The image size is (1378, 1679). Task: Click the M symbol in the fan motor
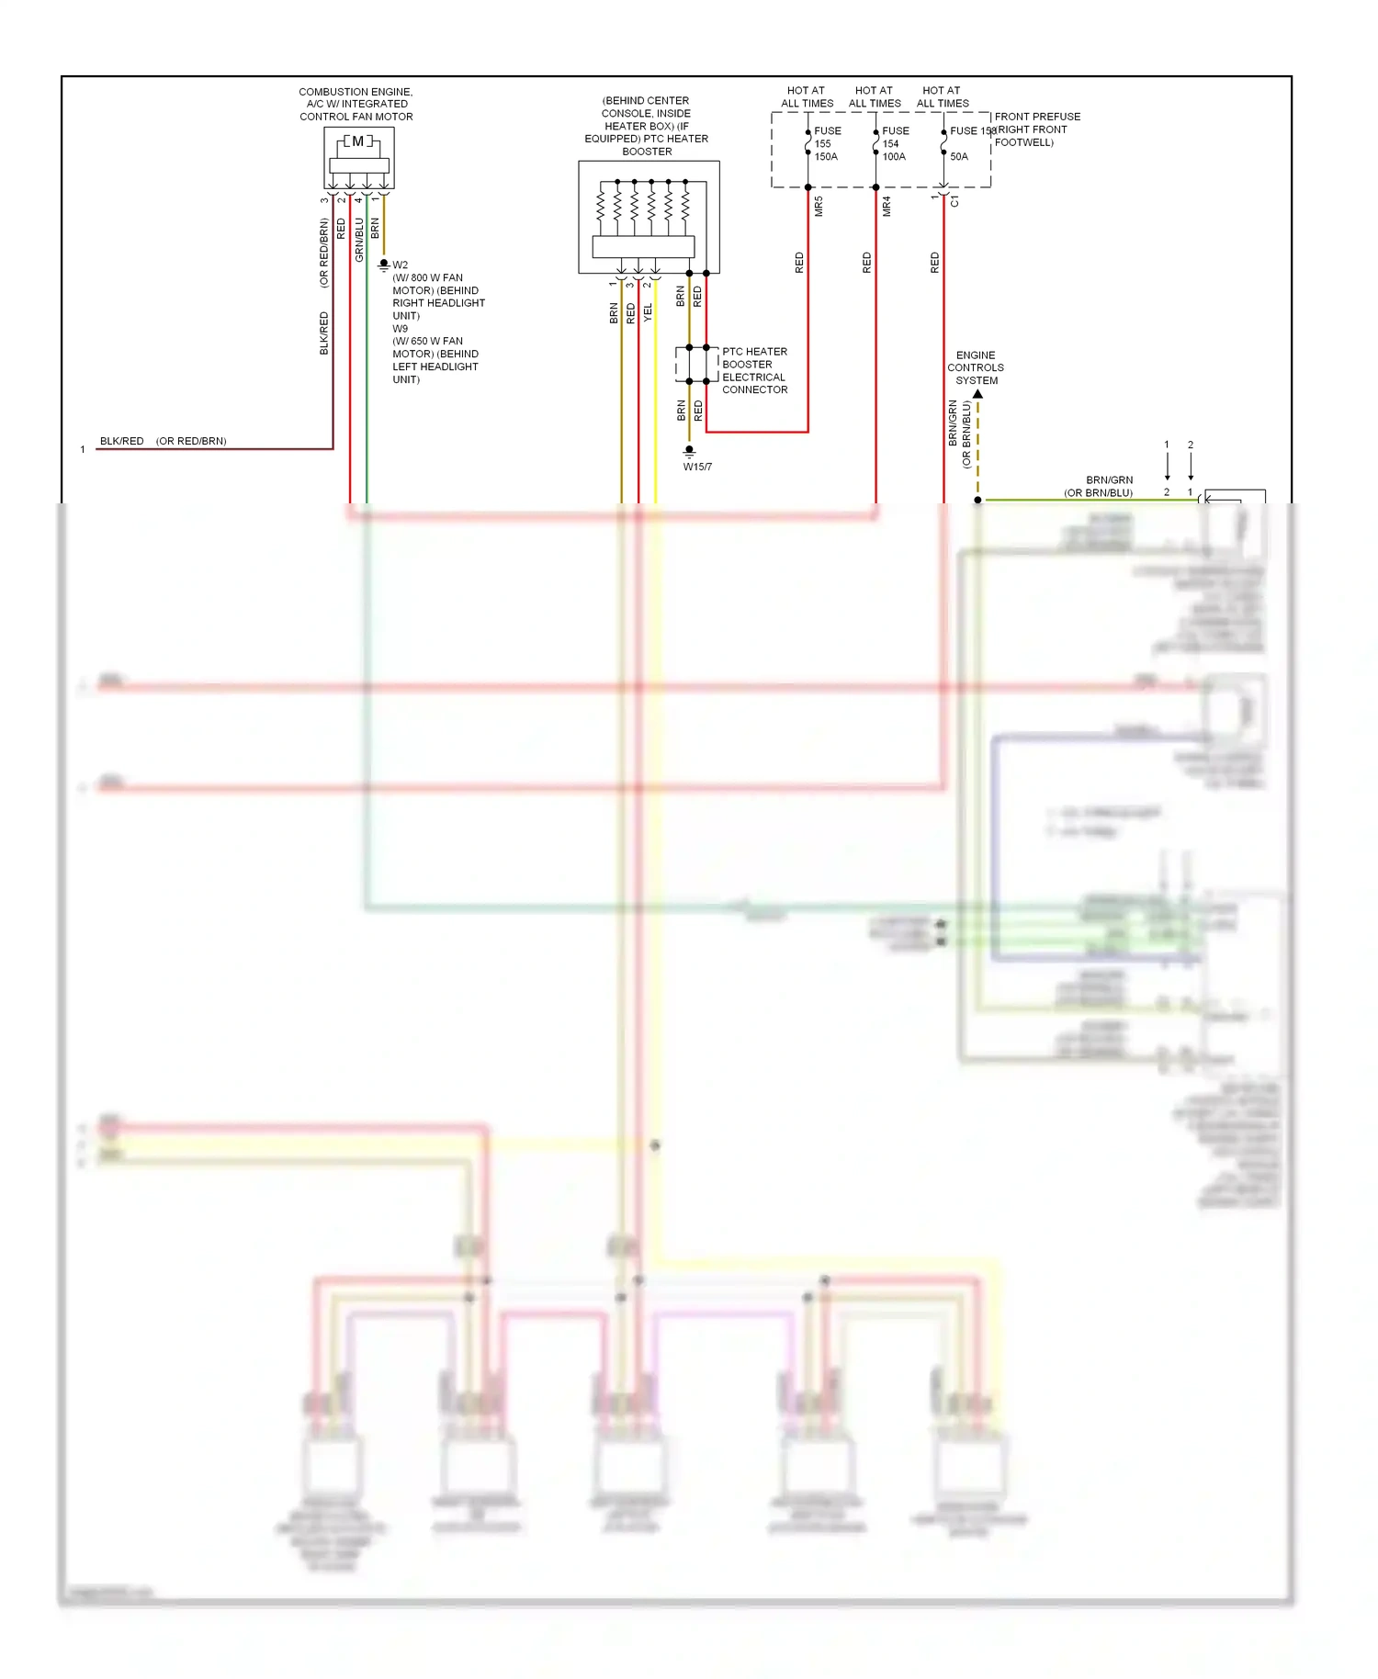pos(358,141)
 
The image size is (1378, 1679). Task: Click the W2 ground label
pos(401,265)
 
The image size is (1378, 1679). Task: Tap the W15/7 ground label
pos(697,467)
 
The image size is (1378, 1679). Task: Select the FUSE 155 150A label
pos(826,143)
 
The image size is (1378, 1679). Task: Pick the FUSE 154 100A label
pos(894,143)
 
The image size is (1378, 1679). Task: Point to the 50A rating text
pos(958,156)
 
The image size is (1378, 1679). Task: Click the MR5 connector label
pos(819,207)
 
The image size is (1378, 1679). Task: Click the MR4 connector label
pos(887,207)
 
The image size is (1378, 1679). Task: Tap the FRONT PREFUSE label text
pos(1036,117)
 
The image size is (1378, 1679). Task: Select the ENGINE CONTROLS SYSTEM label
pos(976,367)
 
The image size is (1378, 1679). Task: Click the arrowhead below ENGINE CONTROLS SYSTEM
pos(977,394)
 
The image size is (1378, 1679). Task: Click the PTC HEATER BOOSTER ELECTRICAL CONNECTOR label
pos(754,370)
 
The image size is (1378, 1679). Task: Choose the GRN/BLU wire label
pos(359,239)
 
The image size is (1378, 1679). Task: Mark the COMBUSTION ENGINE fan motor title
pos(356,104)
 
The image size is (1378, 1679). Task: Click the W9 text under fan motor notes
pos(401,328)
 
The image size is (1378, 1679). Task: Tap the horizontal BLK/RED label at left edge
pos(121,441)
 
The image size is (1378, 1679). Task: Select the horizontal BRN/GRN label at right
pos(1109,479)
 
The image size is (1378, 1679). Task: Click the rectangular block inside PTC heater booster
pos(643,246)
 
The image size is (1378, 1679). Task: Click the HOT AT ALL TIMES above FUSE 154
pos(874,96)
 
